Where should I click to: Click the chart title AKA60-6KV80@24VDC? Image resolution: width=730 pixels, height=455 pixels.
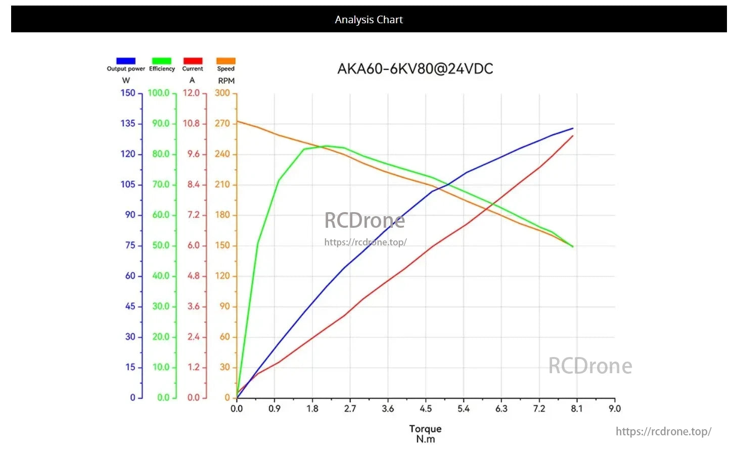415,69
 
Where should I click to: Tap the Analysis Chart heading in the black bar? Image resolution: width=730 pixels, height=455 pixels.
369,20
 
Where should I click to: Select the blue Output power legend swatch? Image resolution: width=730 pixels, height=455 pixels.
126,61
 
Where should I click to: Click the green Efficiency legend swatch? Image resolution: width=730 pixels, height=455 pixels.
162,61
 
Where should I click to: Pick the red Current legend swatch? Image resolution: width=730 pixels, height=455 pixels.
193,61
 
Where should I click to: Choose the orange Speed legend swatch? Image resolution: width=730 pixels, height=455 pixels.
226,61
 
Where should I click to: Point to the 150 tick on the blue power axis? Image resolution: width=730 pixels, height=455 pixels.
128,93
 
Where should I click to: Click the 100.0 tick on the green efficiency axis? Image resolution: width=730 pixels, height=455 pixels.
159,93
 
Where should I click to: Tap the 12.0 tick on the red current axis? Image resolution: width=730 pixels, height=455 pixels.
192,93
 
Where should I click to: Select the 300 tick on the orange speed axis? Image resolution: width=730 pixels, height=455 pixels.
222,93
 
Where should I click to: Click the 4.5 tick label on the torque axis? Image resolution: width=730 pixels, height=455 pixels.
426,409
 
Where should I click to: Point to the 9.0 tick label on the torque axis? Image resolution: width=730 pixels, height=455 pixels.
614,409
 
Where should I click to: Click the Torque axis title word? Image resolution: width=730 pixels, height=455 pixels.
425,429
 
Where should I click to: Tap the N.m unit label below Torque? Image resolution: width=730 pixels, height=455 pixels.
425,439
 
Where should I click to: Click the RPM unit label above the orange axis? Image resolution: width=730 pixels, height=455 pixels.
226,81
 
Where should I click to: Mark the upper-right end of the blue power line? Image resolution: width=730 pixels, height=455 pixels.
573,128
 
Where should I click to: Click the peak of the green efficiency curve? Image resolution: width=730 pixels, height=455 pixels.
327,146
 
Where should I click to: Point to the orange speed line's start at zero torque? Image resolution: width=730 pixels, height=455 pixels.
237,121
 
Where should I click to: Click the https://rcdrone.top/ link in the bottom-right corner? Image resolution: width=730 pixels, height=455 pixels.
663,431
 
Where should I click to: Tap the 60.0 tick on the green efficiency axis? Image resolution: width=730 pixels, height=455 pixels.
161,215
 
